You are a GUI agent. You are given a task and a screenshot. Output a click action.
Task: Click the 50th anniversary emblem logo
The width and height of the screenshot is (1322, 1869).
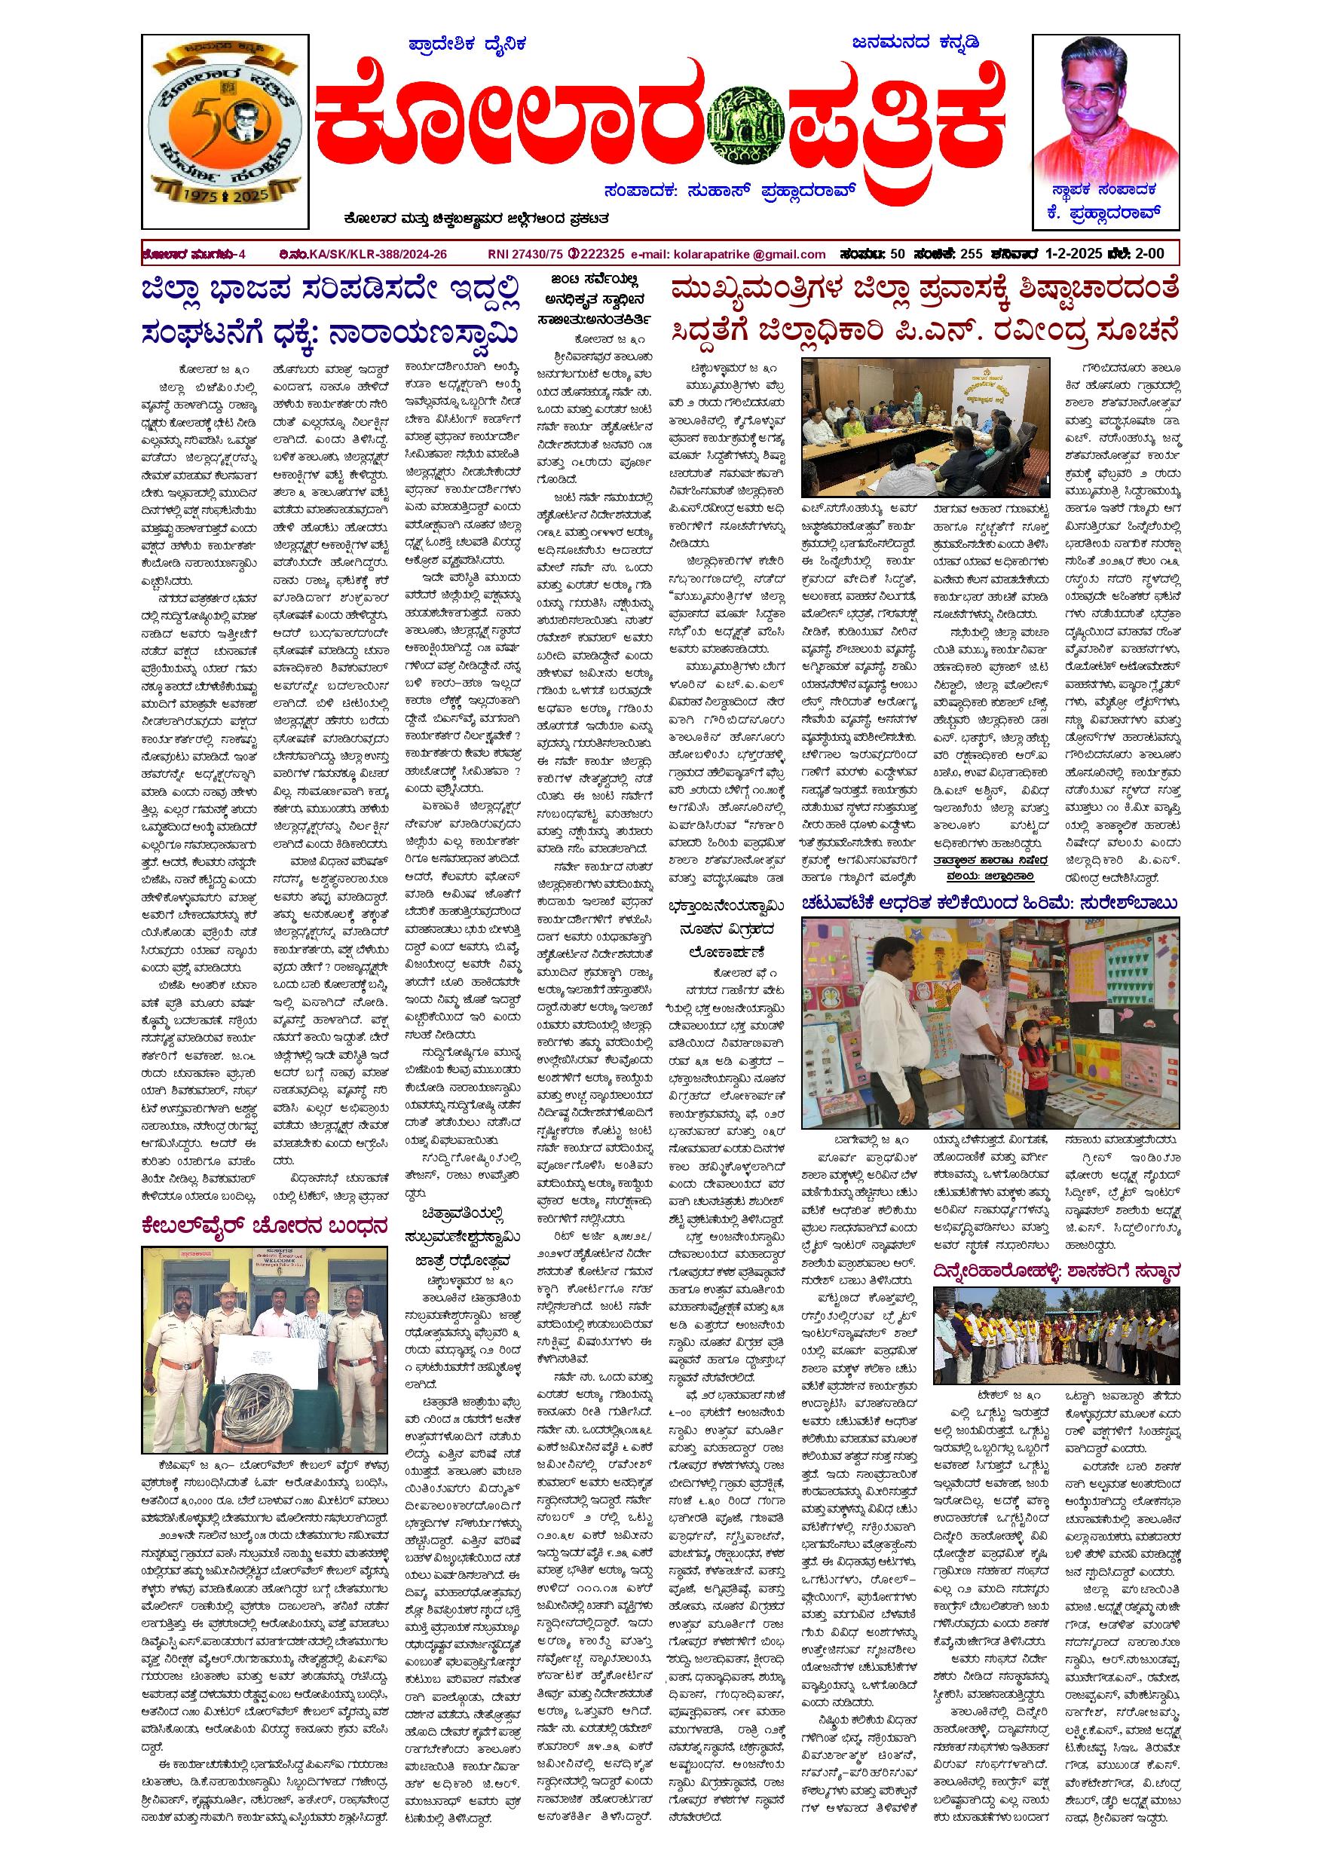[225, 130]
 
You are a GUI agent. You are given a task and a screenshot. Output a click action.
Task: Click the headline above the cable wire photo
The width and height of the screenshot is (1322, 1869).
[265, 1225]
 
